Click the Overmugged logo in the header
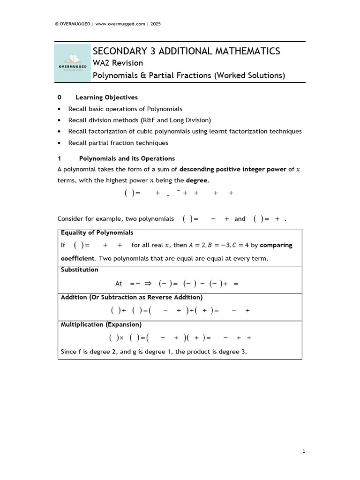73,63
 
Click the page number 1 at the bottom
304,451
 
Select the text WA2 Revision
118,63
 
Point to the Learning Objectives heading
106,97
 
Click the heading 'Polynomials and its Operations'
127,158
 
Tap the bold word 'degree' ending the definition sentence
197,180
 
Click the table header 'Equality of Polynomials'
97,232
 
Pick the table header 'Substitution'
80,270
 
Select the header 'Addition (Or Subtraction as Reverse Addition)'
132,297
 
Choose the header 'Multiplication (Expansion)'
101,324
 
